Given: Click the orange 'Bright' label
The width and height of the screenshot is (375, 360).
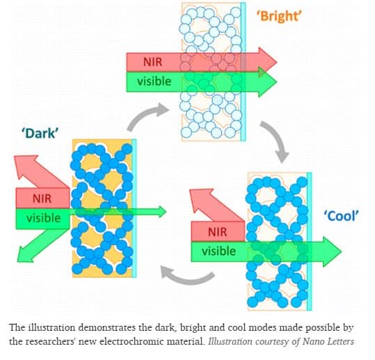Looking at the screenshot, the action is click(x=279, y=16).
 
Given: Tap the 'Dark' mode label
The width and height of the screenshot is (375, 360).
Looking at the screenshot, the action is click(x=40, y=133).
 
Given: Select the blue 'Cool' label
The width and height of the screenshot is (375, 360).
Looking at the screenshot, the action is click(x=342, y=216).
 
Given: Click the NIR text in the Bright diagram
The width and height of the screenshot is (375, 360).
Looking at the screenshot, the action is click(x=152, y=62).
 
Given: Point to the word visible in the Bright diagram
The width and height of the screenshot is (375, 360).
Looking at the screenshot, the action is click(x=154, y=81).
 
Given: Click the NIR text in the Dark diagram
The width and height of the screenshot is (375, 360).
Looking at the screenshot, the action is click(x=42, y=198).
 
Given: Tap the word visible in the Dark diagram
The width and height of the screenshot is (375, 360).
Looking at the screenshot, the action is click(x=44, y=218).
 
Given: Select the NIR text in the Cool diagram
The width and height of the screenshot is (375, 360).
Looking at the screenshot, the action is click(x=217, y=232).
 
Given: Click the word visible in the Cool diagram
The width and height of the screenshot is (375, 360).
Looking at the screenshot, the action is click(x=219, y=251).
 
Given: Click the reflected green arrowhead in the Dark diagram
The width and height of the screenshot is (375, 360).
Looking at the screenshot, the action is click(x=26, y=253).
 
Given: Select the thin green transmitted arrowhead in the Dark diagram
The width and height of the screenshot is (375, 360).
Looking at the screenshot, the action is click(x=161, y=212).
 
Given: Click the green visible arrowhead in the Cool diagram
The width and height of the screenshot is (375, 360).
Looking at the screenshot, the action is click(x=332, y=251).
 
